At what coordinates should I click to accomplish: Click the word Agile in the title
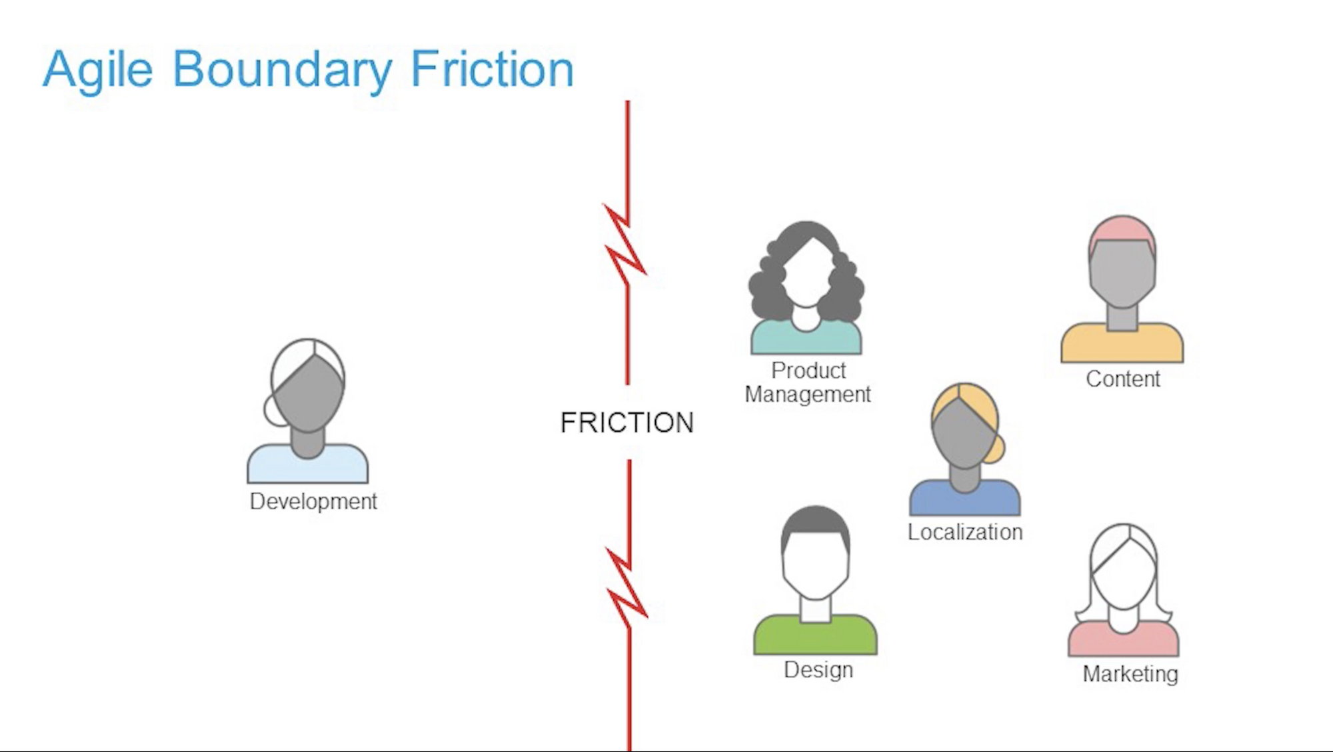point(98,70)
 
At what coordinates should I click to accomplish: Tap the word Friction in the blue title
point(492,69)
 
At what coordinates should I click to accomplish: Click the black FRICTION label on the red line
point(627,423)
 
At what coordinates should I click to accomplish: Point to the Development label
point(313,501)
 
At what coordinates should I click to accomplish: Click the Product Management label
point(808,382)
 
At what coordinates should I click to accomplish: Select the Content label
point(1123,379)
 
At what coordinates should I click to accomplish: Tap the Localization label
point(965,532)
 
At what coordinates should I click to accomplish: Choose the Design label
point(818,670)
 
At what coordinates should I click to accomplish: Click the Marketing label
point(1130,674)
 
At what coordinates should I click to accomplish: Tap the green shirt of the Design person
point(815,637)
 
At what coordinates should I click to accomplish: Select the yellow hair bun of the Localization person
point(994,448)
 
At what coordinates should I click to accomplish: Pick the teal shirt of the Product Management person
point(806,338)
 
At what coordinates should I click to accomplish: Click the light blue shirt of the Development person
point(307,465)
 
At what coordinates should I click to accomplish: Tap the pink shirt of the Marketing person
point(1124,641)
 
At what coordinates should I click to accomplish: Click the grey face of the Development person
point(308,393)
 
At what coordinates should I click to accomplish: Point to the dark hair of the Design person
point(815,522)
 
